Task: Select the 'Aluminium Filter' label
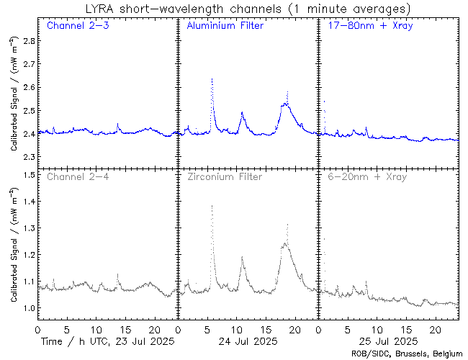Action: [225, 26]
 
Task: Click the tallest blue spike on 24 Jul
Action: [212, 79]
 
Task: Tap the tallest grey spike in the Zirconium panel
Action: [212, 206]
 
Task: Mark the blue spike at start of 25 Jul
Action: [324, 102]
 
